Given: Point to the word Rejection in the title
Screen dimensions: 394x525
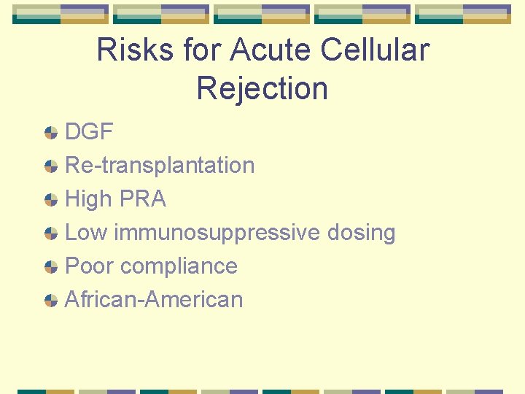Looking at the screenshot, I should tap(262, 88).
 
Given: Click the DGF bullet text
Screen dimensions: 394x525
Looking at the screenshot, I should tap(89, 132).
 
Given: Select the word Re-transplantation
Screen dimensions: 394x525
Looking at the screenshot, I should tap(160, 166).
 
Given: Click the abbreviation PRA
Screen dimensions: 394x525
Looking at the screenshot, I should tap(141, 199).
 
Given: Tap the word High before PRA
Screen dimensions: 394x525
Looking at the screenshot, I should tap(87, 199).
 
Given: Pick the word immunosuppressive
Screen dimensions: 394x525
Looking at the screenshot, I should tap(217, 233).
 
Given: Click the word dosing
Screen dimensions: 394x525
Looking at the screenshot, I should tap(361, 233).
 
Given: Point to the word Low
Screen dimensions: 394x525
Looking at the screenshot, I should tap(86, 233).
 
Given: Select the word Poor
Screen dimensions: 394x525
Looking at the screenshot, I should tap(90, 266).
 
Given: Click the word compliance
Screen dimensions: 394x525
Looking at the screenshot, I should tap(179, 266).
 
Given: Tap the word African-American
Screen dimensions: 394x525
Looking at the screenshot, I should tap(154, 300).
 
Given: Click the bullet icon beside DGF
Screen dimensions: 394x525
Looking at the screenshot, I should tap(51, 133).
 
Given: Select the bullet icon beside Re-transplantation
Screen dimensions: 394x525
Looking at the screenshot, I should tap(51, 166).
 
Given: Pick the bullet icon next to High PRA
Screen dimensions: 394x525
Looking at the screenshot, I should tap(51, 200).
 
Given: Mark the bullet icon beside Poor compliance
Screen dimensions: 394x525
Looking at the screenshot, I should tap(51, 267).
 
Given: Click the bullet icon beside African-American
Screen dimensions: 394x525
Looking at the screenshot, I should tap(51, 301).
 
